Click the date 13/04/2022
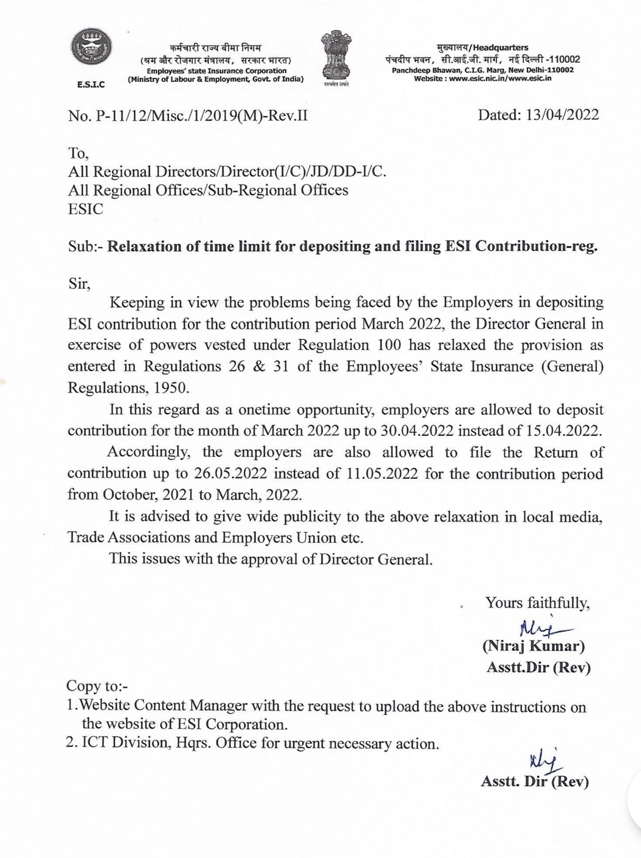coord(562,115)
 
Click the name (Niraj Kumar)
coord(534,646)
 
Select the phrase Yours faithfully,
coord(538,603)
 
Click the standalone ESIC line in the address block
coord(85,209)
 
